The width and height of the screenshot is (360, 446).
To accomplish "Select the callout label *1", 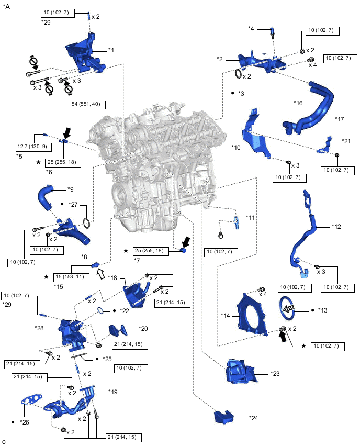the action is tap(111, 50).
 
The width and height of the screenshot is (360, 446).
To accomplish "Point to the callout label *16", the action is tap(298, 103).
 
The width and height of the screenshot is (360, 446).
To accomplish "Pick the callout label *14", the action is tap(225, 316).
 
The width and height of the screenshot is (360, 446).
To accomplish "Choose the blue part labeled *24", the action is tap(223, 417).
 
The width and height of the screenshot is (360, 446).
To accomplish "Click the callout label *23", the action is tap(275, 373).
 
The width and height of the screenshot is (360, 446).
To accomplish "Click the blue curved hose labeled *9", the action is tap(45, 197).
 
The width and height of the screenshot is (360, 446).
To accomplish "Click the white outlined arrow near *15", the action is tap(100, 274).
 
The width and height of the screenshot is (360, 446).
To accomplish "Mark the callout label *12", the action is tap(336, 227).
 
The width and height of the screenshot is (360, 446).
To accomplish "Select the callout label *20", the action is tap(143, 329).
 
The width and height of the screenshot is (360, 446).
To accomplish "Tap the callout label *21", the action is tap(346, 141).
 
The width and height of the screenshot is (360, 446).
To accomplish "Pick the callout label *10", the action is tap(236, 148).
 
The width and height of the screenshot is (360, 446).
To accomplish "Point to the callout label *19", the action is tap(113, 392).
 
